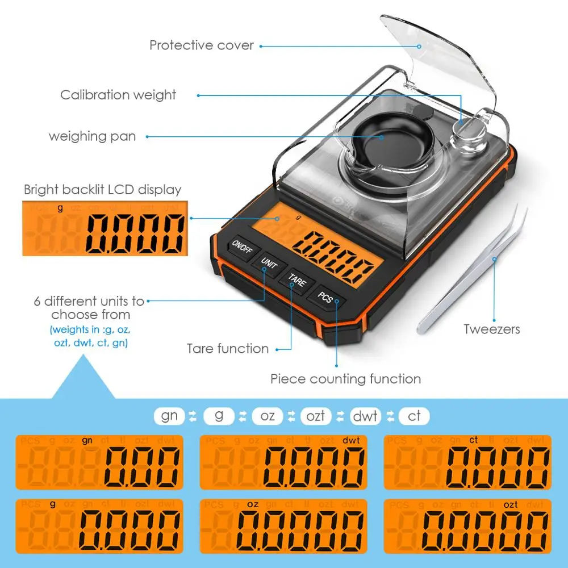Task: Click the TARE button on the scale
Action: click(x=296, y=280)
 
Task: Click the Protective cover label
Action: click(x=202, y=45)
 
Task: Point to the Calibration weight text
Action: click(x=118, y=95)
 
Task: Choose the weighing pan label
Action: click(x=92, y=136)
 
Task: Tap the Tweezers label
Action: click(x=491, y=329)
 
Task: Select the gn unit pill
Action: click(x=169, y=416)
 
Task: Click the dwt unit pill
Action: click(x=365, y=416)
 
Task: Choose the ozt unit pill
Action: click(x=316, y=416)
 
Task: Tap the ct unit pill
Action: click(x=414, y=416)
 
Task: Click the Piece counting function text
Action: click(x=345, y=379)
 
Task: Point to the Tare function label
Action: click(x=228, y=348)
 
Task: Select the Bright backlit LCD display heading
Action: click(x=103, y=189)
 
